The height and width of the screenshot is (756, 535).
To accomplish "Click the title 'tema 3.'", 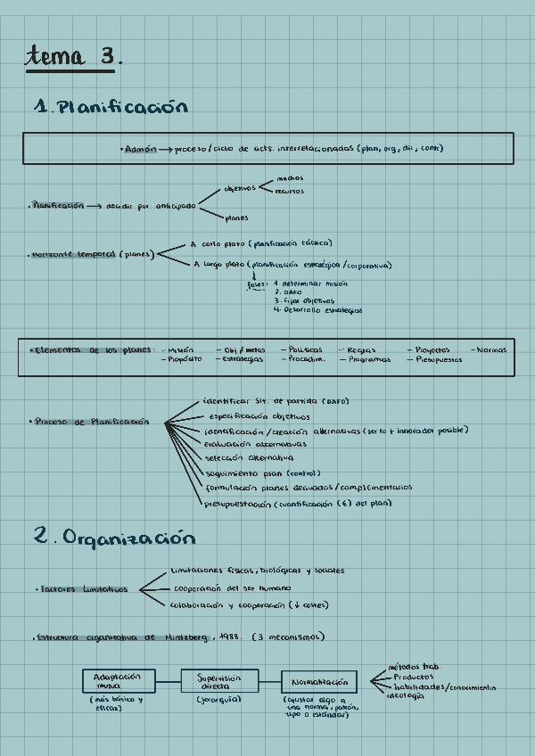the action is coord(73,56).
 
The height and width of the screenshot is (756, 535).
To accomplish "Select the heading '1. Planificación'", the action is coord(111,107).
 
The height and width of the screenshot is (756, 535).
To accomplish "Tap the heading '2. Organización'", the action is coord(114,538).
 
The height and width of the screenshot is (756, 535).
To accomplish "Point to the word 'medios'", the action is coord(290,178).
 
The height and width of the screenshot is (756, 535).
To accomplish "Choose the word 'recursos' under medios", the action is coord(289,191).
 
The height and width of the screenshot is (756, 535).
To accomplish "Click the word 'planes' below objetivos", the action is coord(236,218).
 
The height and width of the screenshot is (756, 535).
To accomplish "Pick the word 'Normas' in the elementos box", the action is coord(491,349).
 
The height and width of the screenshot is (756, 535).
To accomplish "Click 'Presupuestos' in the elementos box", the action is coord(438,360).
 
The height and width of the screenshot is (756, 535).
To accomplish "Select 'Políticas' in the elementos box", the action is coord(306,350).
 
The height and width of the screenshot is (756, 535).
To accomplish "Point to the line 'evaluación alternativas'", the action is coord(255,444).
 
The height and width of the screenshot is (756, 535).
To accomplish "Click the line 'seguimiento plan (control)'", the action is coord(262,473).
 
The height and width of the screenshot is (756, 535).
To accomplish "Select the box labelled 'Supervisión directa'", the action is coord(219,682).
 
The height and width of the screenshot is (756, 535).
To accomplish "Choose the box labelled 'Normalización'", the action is coord(319,683).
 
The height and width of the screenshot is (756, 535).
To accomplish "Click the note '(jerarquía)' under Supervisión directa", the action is coord(220,701).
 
